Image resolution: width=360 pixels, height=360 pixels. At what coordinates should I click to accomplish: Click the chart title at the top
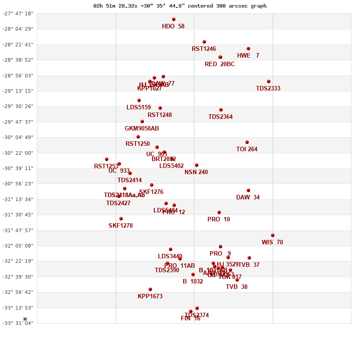180,6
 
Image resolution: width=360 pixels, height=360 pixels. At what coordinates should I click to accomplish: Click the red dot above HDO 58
174,19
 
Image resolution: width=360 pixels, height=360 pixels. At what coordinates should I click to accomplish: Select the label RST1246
204,49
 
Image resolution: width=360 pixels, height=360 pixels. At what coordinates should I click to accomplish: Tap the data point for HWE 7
248,49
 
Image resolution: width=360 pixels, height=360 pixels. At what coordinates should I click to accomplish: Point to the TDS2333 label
268,89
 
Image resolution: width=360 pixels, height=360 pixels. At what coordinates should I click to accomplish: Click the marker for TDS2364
221,110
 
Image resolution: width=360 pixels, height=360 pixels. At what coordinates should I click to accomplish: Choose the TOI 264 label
247,149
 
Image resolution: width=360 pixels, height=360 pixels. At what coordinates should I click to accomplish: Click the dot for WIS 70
273,235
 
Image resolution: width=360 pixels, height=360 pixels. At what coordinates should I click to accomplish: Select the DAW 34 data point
248,190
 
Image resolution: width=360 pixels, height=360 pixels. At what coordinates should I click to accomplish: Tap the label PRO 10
219,220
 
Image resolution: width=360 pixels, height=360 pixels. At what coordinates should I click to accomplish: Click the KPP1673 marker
150,289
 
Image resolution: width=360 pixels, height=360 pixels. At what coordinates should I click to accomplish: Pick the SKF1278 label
121,226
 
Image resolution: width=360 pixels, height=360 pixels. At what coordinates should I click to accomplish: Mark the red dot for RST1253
107,159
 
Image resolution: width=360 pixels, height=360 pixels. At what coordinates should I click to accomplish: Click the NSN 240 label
196,172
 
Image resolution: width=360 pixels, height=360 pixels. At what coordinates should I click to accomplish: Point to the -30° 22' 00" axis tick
18,153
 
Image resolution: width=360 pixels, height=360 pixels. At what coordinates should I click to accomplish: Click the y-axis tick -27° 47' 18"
18,13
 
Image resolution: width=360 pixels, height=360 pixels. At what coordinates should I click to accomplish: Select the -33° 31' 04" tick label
18,323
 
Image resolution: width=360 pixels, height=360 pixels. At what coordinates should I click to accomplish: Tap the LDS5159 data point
139,100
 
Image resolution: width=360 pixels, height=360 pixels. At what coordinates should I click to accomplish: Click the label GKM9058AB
142,129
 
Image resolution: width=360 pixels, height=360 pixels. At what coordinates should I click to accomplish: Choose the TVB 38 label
237,287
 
